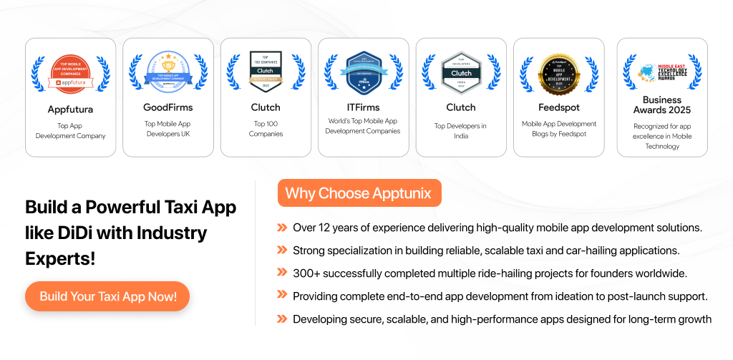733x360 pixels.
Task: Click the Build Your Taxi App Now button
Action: (107, 296)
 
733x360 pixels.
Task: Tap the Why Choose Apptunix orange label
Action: (359, 193)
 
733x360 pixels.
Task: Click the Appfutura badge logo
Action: (70, 72)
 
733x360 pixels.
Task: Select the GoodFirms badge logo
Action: (168, 71)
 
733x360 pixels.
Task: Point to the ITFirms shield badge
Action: (363, 72)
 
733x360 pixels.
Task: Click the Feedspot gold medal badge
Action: (558, 72)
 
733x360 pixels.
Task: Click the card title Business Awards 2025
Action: (662, 104)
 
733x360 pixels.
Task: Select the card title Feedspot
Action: (558, 107)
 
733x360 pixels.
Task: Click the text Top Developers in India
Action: (461, 130)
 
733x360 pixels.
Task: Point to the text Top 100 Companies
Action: (266, 129)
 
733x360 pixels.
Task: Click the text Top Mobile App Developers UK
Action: (168, 129)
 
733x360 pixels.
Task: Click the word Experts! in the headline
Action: (60, 258)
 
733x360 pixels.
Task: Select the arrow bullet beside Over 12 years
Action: (282, 228)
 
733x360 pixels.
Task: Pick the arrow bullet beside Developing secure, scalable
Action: (282, 319)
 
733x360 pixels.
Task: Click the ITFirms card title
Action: (363, 107)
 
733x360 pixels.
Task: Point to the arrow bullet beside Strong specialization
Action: (282, 250)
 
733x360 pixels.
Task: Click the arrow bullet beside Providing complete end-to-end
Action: (282, 296)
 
